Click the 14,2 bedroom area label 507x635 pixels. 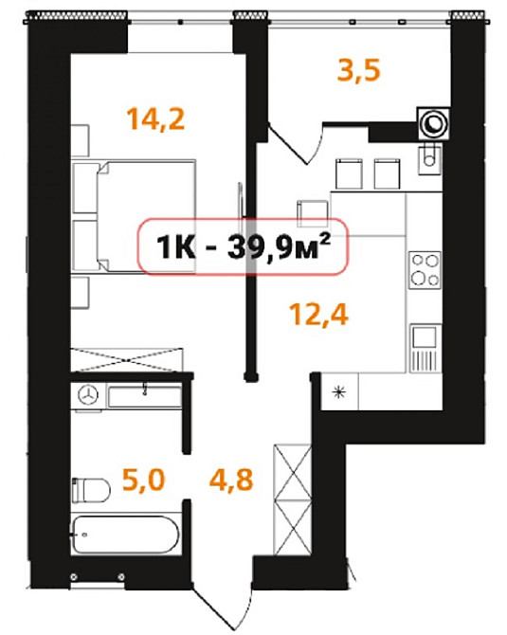tap(156, 119)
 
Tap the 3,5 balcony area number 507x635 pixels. tap(359, 70)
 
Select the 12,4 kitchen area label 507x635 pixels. tap(318, 315)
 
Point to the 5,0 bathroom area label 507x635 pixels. tap(143, 480)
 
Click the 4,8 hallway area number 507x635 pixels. tap(231, 480)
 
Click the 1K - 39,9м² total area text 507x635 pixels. tap(244, 246)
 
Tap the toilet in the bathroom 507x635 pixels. tap(91, 490)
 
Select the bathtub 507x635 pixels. tap(125, 535)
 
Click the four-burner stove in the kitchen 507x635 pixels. tap(425, 270)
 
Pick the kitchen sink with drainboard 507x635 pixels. tap(425, 348)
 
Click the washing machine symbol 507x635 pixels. tap(88, 395)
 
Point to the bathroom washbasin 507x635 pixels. tap(144, 396)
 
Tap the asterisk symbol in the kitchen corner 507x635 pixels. tap(339, 392)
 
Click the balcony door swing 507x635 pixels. tap(296, 144)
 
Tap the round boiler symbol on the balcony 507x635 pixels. tap(434, 123)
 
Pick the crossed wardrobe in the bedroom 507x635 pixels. tap(127, 359)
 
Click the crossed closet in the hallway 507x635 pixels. tap(293, 499)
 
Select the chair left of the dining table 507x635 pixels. tap(313, 213)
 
